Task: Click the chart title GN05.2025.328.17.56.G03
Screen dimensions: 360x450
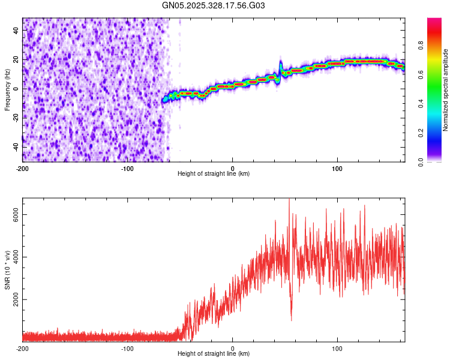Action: click(214, 5)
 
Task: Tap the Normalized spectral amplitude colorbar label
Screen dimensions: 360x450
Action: click(446, 90)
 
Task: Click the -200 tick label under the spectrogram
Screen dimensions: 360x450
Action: click(23, 168)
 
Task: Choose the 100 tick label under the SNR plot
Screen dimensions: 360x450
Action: click(337, 348)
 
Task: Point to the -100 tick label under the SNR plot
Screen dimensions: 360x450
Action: click(127, 348)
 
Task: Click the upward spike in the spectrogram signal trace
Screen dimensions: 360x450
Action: click(280, 62)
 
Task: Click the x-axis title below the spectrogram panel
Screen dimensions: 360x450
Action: click(214, 174)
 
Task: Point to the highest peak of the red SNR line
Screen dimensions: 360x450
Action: click(289, 199)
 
